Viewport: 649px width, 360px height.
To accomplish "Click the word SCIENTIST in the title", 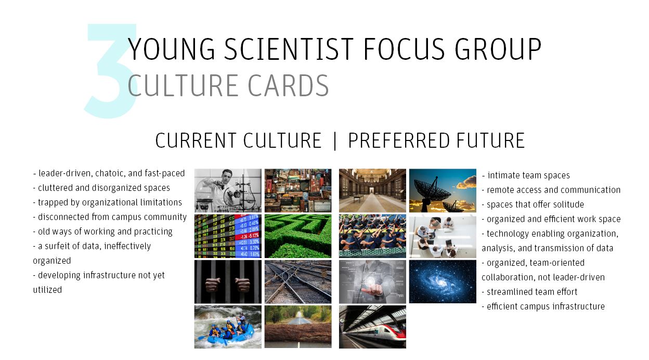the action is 289,49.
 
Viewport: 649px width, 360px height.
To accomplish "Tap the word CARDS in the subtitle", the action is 288,85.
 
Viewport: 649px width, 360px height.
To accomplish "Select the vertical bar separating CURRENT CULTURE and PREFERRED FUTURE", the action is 335,141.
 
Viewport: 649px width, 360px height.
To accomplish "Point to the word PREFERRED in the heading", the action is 399,140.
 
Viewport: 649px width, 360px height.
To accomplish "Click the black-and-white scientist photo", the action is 228,191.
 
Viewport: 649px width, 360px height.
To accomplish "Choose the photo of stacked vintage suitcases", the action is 298,191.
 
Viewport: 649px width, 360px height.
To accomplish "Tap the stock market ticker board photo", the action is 228,236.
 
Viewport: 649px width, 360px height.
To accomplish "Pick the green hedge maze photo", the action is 298,236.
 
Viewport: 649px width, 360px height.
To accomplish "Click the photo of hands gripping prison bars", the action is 228,281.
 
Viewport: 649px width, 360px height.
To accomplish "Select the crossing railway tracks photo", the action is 298,281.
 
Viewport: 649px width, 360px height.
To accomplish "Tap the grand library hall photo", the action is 372,191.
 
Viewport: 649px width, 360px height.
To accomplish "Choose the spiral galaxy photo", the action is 443,281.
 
